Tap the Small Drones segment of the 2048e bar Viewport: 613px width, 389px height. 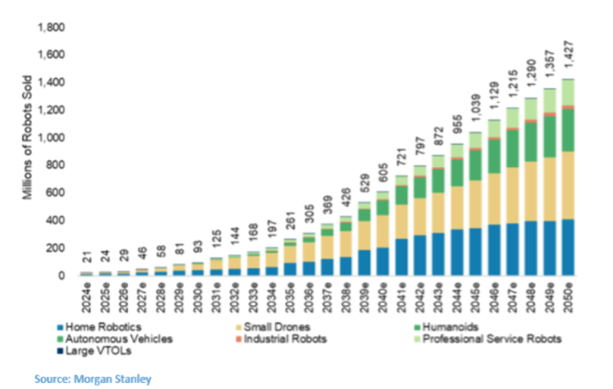pyautogui.click(x=529, y=191)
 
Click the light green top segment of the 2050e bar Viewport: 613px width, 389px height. pyautogui.click(x=569, y=92)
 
